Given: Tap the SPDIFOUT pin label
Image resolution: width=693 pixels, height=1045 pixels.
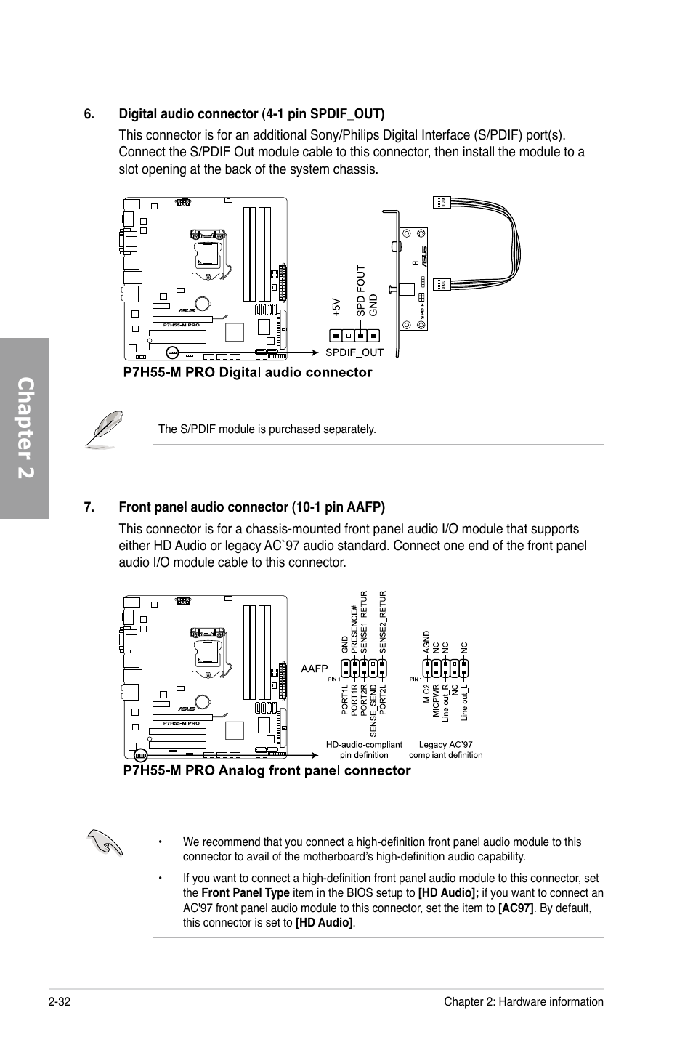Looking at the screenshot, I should (360, 291).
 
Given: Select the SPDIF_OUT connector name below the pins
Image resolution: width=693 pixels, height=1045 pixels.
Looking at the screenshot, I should (354, 352).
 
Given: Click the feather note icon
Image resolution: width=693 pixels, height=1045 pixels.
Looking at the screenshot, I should (104, 429).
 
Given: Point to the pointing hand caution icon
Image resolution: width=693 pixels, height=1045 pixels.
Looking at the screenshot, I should (104, 843).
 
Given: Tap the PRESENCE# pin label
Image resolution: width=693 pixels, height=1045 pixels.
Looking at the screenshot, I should (354, 629).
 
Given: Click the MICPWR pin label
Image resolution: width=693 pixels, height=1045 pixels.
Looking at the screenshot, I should (437, 701).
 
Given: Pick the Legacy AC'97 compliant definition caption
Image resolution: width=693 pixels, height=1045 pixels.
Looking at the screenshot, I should (445, 749).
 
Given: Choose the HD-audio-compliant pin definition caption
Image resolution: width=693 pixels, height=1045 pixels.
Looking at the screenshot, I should (364, 749).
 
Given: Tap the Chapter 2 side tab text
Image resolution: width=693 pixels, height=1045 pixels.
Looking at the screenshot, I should (25, 428).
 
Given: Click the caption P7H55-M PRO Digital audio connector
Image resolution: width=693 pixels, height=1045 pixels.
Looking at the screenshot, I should (247, 372).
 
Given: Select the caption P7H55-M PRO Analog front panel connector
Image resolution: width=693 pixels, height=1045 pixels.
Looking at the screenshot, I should (267, 770).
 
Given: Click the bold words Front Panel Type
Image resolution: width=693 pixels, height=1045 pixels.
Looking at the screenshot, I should (245, 893).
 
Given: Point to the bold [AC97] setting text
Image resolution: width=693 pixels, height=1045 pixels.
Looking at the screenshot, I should (516, 908).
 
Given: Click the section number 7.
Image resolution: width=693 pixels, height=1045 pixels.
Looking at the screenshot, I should (89, 507).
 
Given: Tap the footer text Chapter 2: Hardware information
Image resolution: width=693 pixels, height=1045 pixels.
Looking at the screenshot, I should (524, 1001).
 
